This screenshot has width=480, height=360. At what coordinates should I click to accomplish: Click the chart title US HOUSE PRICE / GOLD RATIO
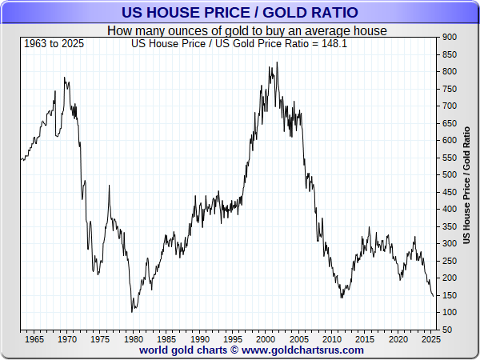pyautogui.click(x=240, y=13)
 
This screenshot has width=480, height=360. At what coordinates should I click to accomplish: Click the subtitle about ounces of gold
pyautogui.click(x=247, y=31)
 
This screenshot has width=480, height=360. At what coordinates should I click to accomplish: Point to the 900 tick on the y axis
pyautogui.click(x=449, y=37)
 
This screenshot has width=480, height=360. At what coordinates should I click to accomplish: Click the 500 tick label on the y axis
pyautogui.click(x=449, y=174)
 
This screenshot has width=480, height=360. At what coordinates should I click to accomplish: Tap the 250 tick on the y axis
pyautogui.click(x=449, y=261)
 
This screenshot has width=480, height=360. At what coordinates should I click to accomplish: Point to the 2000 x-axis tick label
pyautogui.click(x=265, y=339)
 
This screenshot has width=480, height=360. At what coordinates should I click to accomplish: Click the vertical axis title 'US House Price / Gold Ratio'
pyautogui.click(x=467, y=183)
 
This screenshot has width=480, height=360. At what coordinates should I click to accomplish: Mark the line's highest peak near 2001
pyautogui.click(x=278, y=62)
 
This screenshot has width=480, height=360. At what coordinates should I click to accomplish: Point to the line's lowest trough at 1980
pyautogui.click(x=132, y=312)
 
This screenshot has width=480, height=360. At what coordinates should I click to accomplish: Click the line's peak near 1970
pyautogui.click(x=64, y=78)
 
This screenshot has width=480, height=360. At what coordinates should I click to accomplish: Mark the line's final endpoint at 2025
pyautogui.click(x=434, y=296)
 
